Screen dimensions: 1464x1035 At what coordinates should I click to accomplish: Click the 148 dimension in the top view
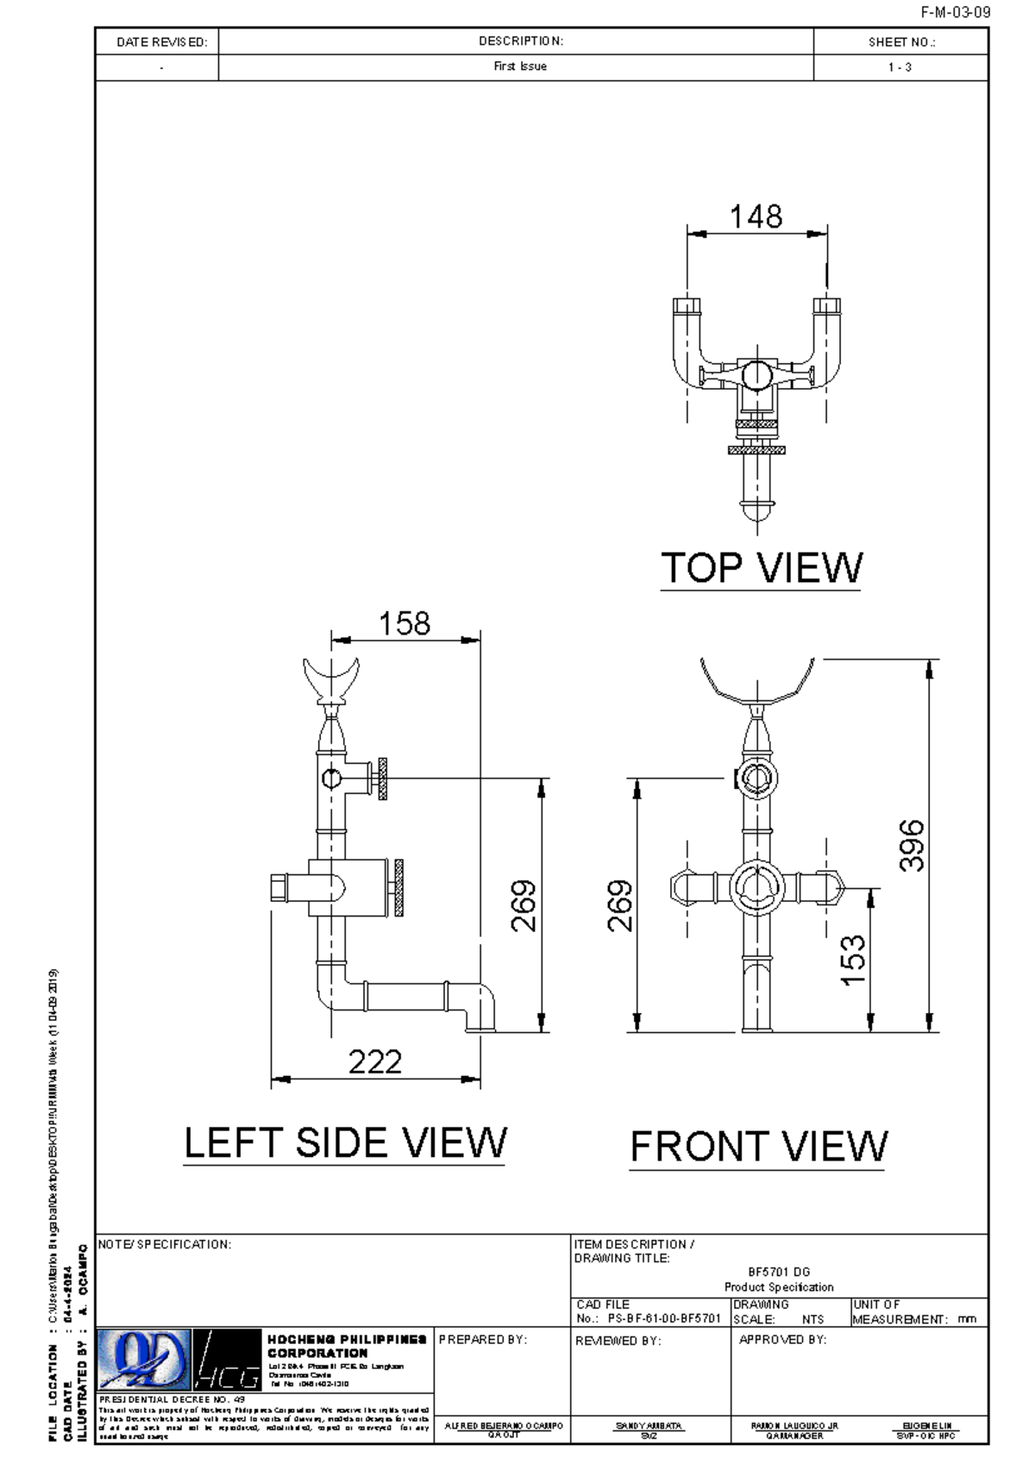tap(756, 216)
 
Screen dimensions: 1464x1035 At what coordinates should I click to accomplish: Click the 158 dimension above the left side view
tap(405, 623)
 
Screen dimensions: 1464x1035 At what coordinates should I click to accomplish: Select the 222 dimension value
tap(375, 1061)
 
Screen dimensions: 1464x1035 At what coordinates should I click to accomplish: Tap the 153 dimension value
tap(852, 960)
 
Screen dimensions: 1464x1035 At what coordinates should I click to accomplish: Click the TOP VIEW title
tap(761, 568)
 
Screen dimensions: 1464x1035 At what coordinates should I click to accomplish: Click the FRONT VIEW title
tap(758, 1147)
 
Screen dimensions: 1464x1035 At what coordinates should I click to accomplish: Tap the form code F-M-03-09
tap(955, 13)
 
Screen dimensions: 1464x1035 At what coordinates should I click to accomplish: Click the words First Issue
tap(520, 67)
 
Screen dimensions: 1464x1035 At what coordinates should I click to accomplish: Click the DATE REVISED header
tap(161, 42)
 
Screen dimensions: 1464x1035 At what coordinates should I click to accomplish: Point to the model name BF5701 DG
tap(778, 1272)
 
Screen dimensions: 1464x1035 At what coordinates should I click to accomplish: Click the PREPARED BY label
tap(482, 1340)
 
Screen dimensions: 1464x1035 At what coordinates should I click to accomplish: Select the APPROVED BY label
tap(782, 1340)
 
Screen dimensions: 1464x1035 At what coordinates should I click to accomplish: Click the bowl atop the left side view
tap(330, 678)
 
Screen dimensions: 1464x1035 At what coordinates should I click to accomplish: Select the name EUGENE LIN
tap(926, 1425)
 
